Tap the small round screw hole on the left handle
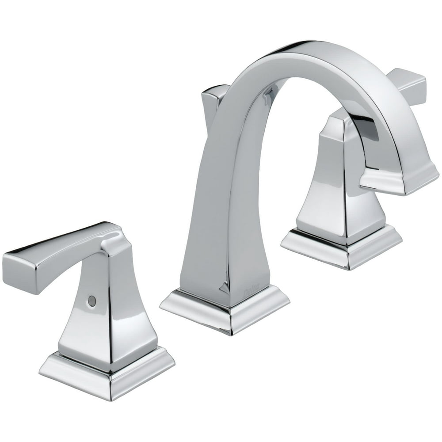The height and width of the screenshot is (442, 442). (91, 300)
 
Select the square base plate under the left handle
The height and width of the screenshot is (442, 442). (106, 371)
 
